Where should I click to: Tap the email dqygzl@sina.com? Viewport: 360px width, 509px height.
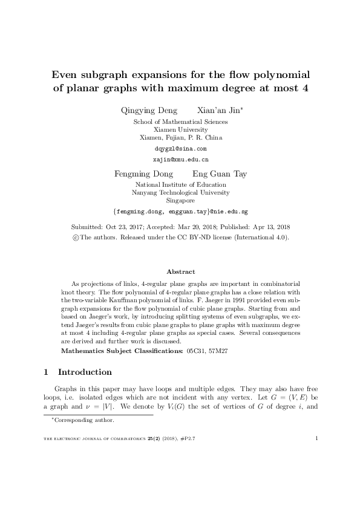pos(180,148)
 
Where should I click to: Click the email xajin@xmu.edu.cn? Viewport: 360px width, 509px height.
pos(180,160)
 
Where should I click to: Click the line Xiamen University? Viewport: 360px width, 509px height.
pos(180,129)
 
